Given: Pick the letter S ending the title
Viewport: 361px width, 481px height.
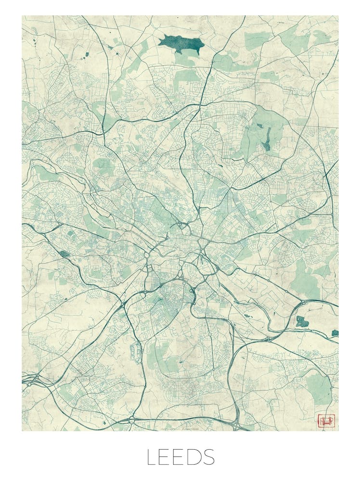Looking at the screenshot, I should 210,457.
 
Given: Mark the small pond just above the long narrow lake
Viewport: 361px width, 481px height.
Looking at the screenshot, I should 259,126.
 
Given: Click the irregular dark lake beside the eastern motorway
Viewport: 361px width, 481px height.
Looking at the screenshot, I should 302,321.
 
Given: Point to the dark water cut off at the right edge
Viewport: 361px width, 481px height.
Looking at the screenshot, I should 335,333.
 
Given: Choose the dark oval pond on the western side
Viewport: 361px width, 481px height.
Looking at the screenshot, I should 64,253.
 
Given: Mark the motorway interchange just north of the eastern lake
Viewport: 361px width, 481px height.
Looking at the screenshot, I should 305,304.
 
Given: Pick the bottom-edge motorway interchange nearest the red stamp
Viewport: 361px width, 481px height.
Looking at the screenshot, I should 236,423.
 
